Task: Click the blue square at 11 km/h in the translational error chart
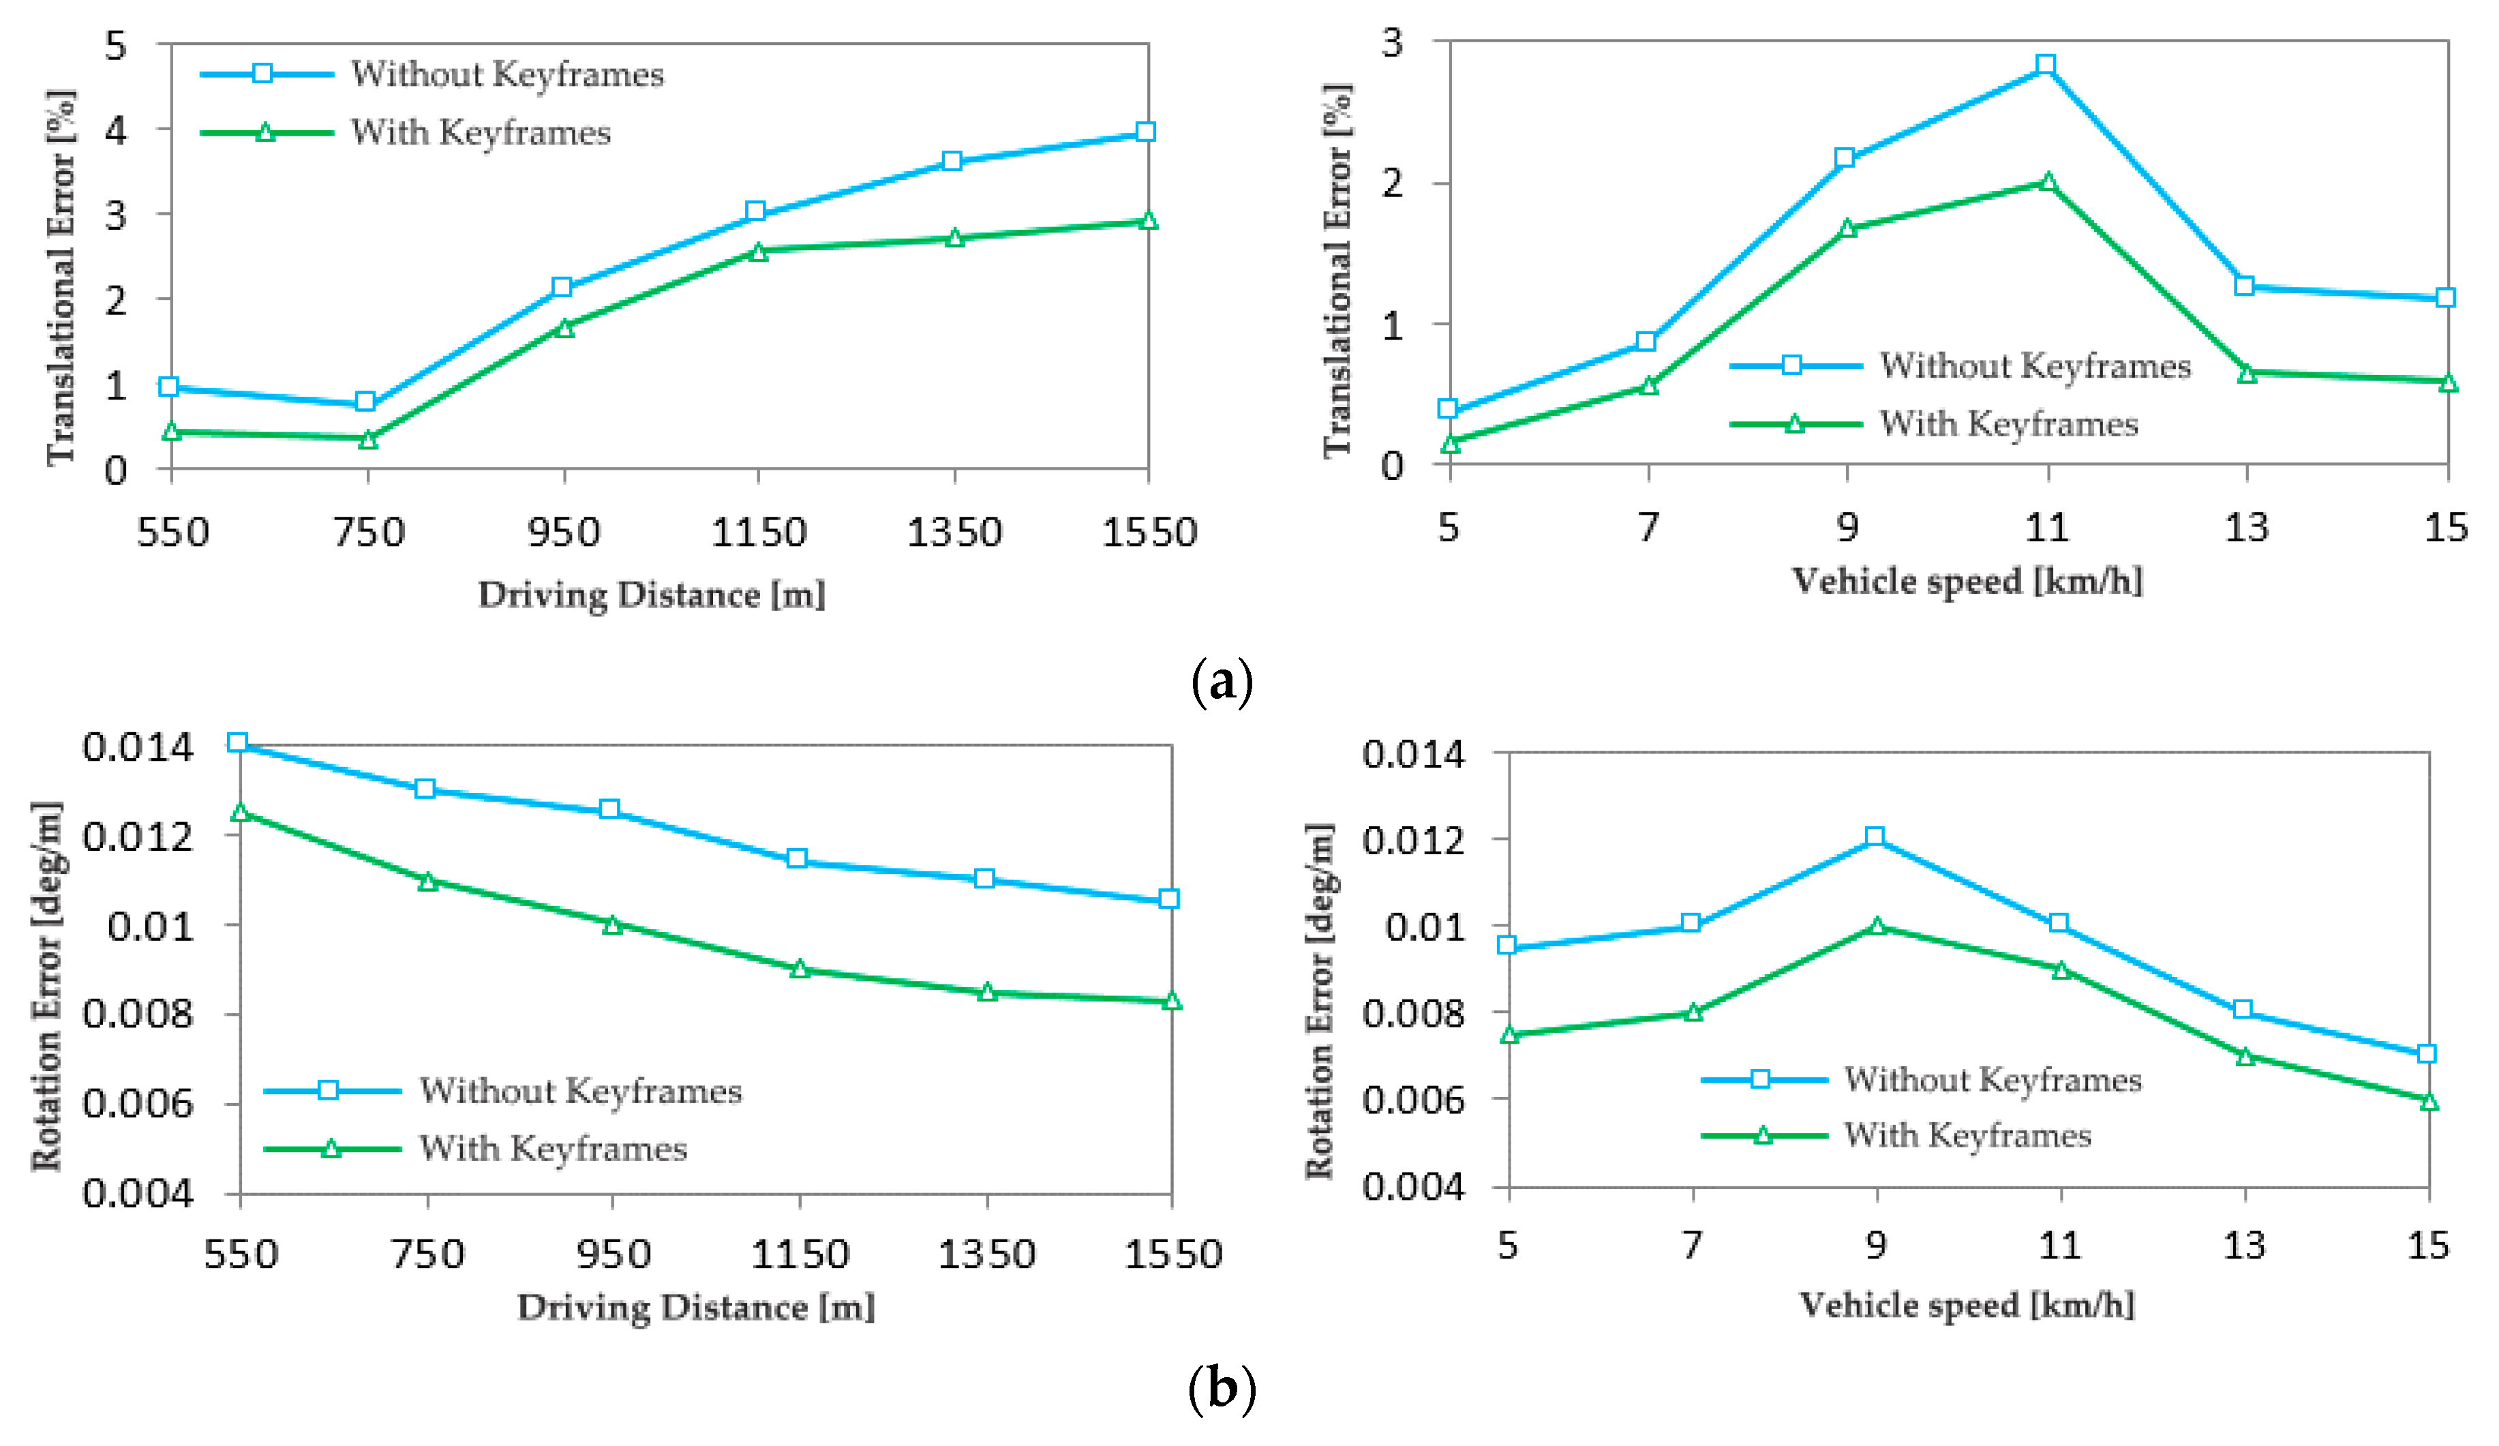point(2045,65)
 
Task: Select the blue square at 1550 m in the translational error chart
point(1145,132)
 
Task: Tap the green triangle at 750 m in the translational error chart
point(368,439)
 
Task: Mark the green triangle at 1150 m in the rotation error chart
point(800,969)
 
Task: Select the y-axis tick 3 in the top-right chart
point(1391,43)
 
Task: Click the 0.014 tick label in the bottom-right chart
point(1412,754)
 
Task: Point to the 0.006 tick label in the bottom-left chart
point(137,1103)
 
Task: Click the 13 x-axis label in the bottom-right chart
point(2244,1245)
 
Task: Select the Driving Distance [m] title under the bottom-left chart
point(695,1307)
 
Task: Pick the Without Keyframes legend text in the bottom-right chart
point(1993,1079)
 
